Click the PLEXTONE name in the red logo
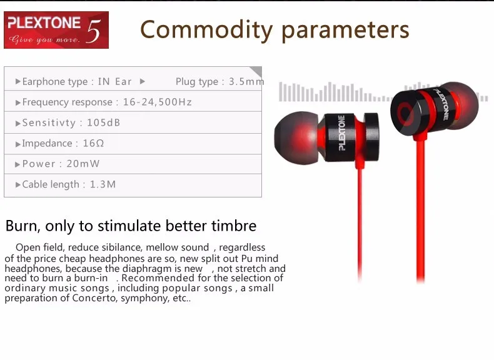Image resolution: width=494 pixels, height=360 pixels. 44,22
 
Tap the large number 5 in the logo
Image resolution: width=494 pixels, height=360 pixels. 94,31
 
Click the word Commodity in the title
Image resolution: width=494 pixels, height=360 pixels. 206,30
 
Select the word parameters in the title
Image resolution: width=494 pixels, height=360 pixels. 345,31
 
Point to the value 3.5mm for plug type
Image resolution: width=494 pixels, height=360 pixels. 246,82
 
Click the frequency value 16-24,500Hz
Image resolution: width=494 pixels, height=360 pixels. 157,102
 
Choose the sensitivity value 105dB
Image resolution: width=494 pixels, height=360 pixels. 104,122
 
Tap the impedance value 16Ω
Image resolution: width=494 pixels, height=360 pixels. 93,143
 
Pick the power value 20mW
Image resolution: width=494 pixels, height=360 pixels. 83,164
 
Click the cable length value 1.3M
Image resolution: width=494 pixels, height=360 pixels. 103,184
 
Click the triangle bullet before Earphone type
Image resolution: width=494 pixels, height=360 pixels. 18,82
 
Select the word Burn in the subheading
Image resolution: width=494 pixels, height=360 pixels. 21,226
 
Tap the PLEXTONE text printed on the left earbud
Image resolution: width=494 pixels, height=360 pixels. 342,133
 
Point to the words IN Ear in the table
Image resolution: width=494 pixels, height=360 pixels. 114,82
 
